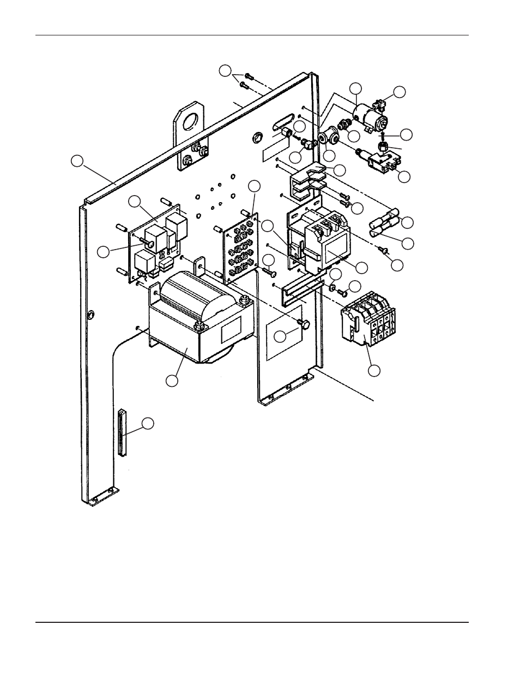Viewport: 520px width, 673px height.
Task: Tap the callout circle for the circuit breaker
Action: [373, 371]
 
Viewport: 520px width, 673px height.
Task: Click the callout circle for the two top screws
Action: [225, 70]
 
